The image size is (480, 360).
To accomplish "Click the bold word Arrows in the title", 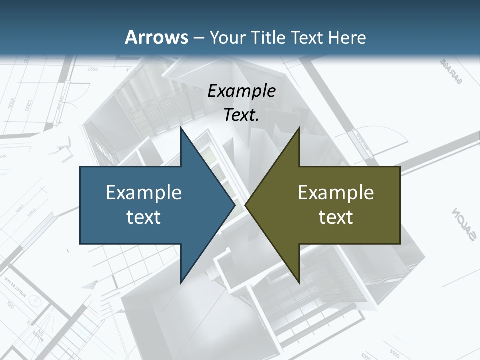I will point(156,37).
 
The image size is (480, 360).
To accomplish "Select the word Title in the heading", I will point(270,37).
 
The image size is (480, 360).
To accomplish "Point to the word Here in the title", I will point(347,37).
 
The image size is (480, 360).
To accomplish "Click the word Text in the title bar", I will point(308,37).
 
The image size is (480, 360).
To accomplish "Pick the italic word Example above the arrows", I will point(241,91).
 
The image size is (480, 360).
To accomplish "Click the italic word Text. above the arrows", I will point(241,115).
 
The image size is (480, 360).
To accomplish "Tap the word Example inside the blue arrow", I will point(143,192).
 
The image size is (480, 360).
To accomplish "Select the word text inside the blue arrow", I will point(143,217).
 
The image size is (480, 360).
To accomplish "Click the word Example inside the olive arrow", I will point(336,192).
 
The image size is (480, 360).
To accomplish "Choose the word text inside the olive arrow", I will point(336,217).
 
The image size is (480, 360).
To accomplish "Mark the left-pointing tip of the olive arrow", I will point(246,205).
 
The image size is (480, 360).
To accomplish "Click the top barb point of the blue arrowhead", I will point(181,128).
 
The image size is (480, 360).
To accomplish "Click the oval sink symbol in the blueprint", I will point(35,301).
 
